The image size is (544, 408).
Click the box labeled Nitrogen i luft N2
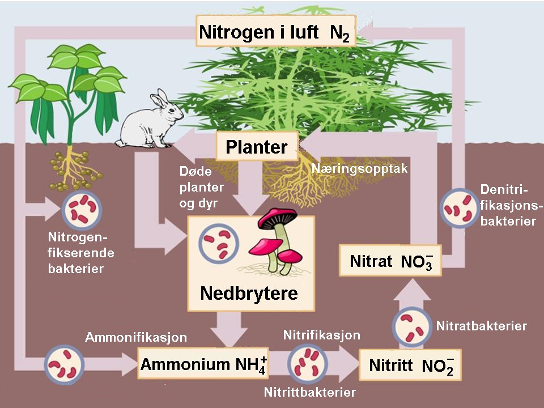pyautogui.click(x=275, y=32)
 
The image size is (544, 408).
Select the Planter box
pyautogui.click(x=256, y=147)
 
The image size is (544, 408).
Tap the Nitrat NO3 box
pyautogui.click(x=390, y=261)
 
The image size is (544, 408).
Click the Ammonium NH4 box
pyautogui.click(x=203, y=363)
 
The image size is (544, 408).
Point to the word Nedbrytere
pyautogui.click(x=248, y=294)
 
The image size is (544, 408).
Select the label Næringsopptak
pyautogui.click(x=359, y=168)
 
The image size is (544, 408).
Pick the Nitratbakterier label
pyautogui.click(x=481, y=326)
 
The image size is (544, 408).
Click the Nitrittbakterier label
pyautogui.click(x=309, y=392)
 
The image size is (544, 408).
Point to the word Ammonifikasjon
pyautogui.click(x=135, y=338)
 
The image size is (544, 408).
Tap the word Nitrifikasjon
pyautogui.click(x=321, y=335)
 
